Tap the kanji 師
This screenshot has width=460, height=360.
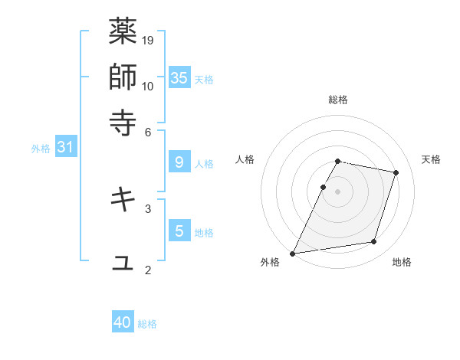pyautogui.click(x=123, y=76)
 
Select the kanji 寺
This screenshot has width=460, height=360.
pyautogui.click(x=123, y=121)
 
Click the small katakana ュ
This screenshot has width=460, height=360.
pyautogui.click(x=123, y=263)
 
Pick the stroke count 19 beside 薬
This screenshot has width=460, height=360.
pyautogui.click(x=149, y=40)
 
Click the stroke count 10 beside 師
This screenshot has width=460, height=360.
pyautogui.click(x=148, y=86)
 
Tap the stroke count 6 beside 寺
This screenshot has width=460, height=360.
pyautogui.click(x=148, y=131)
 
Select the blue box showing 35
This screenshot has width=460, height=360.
pyautogui.click(x=179, y=77)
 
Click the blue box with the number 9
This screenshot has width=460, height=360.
pyautogui.click(x=179, y=162)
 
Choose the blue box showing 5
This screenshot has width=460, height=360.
pyautogui.click(x=179, y=231)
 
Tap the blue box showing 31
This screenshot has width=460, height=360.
pyautogui.click(x=65, y=147)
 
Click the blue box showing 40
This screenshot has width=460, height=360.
pyautogui.click(x=123, y=322)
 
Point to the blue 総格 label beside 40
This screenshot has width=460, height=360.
pyautogui.click(x=147, y=324)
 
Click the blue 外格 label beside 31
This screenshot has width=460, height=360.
pyautogui.click(x=41, y=149)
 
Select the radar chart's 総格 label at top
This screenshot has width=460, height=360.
pyautogui.click(x=337, y=100)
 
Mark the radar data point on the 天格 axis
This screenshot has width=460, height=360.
pyautogui.click(x=396, y=172)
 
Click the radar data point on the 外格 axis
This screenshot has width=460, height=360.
pyautogui.click(x=293, y=254)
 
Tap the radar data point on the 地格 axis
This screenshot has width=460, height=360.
pyautogui.click(x=374, y=242)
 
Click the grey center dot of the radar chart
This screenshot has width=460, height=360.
pyautogui.click(x=337, y=191)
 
